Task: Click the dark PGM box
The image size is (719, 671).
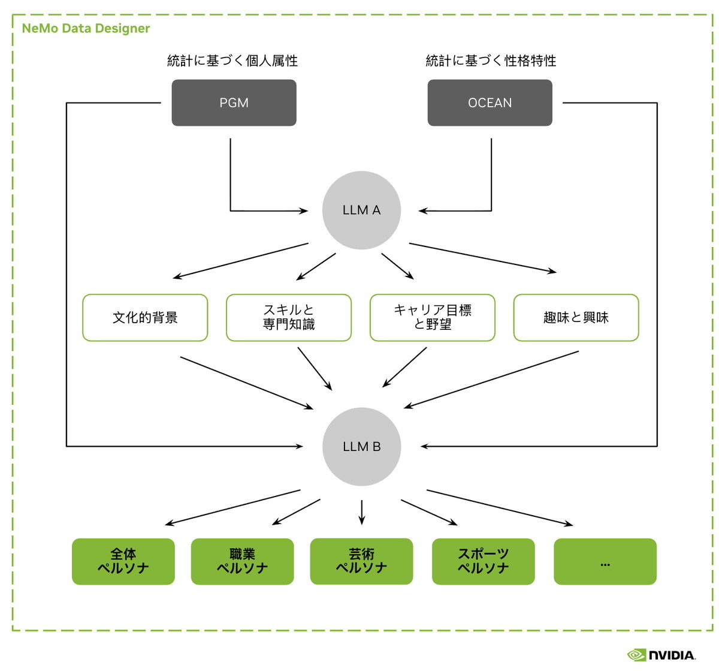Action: click(234, 103)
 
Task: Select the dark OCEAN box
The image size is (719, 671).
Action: click(490, 103)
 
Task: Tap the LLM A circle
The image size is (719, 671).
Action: click(361, 210)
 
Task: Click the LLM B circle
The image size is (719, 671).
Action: click(361, 447)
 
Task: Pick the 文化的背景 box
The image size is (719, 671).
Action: click(145, 318)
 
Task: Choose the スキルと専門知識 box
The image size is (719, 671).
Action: click(289, 318)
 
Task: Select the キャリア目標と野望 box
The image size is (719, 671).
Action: click(433, 318)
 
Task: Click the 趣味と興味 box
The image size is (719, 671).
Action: click(576, 318)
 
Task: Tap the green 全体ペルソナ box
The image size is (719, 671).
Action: click(123, 561)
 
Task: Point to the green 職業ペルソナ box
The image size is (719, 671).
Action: click(242, 561)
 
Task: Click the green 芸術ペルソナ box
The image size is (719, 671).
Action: click(361, 561)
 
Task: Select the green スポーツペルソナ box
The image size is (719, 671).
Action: click(483, 561)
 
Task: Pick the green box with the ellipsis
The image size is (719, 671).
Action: click(605, 561)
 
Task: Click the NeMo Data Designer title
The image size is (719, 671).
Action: click(86, 28)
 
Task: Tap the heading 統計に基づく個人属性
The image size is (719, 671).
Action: click(232, 61)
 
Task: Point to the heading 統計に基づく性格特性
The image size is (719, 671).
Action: click(491, 61)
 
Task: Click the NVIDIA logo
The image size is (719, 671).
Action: click(661, 655)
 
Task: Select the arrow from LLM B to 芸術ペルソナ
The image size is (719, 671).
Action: click(361, 511)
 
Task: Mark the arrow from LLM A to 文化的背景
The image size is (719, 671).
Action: click(240, 261)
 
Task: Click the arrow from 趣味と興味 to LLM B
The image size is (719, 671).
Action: click(491, 380)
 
